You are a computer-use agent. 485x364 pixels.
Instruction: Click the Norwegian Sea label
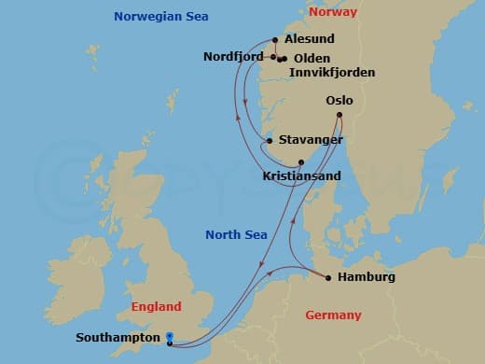click(160, 17)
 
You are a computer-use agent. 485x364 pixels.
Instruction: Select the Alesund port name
click(311, 40)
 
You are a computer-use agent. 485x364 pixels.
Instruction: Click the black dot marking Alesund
click(275, 39)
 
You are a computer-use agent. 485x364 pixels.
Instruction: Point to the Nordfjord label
click(233, 57)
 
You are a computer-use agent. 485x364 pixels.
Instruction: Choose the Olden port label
click(312, 58)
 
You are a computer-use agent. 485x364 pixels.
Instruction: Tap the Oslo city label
click(339, 100)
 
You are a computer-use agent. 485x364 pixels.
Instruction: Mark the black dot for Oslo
click(339, 115)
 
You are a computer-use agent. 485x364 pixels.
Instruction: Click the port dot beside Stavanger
click(270, 141)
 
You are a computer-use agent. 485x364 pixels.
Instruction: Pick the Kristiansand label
click(301, 175)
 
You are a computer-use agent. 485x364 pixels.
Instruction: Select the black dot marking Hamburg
click(328, 276)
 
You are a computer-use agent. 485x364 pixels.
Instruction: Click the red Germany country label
click(333, 315)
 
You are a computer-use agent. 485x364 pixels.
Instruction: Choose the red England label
click(157, 306)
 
